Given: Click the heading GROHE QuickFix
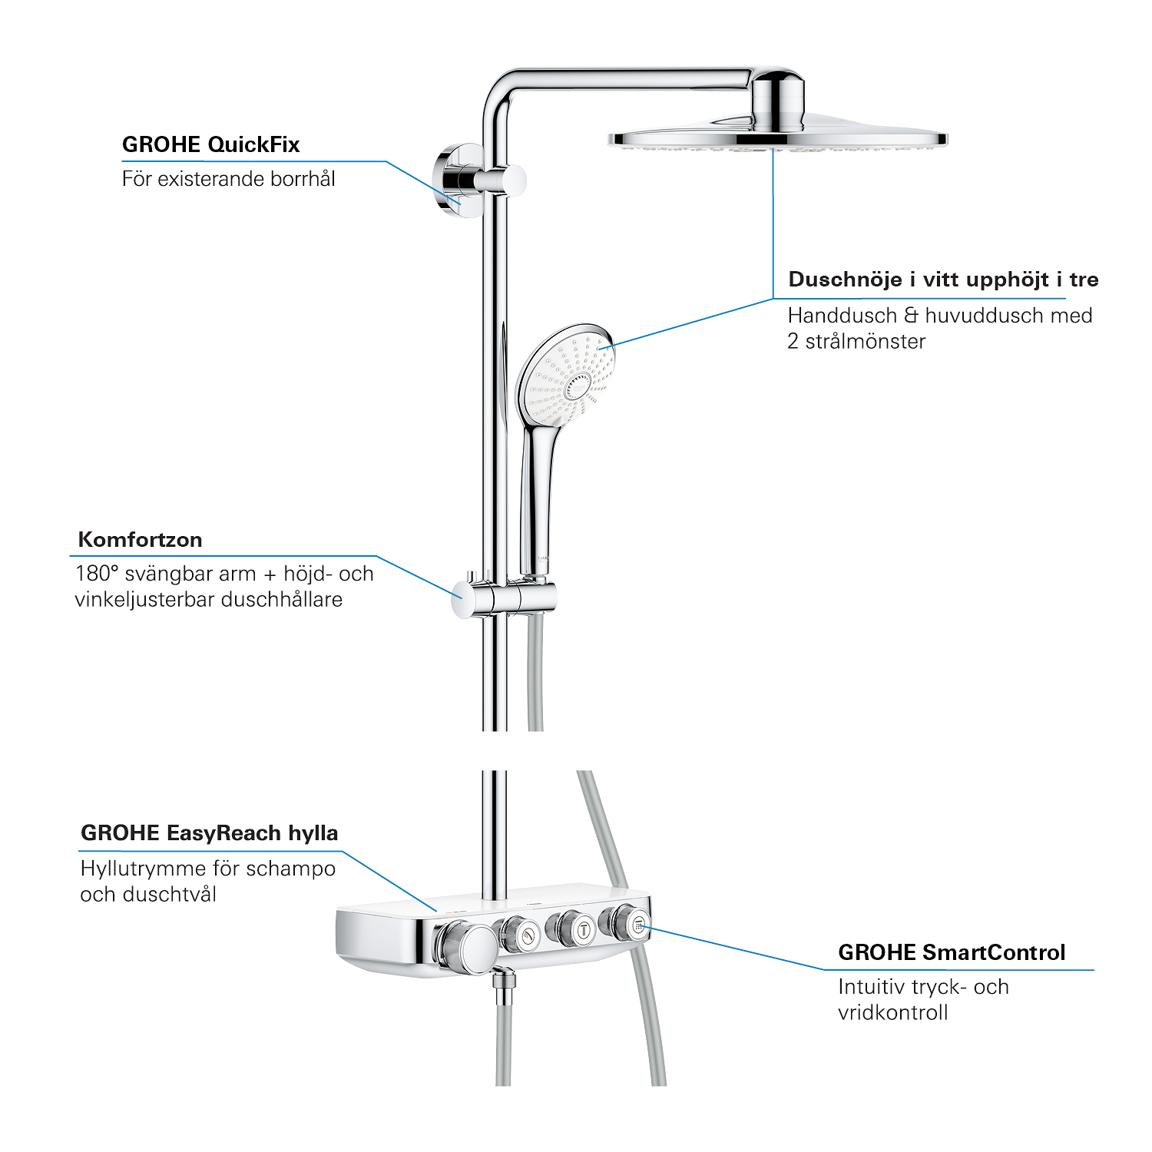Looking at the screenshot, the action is click(210, 144).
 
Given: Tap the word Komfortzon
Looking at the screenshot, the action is click(141, 540).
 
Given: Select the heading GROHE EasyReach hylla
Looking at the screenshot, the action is click(209, 833).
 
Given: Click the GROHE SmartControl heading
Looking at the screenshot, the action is click(952, 952).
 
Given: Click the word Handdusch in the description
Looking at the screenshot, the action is click(842, 316).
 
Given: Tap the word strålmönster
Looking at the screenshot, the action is click(866, 342).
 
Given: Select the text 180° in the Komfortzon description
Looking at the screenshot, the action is click(97, 574).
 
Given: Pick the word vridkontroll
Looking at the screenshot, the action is click(893, 1012).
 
